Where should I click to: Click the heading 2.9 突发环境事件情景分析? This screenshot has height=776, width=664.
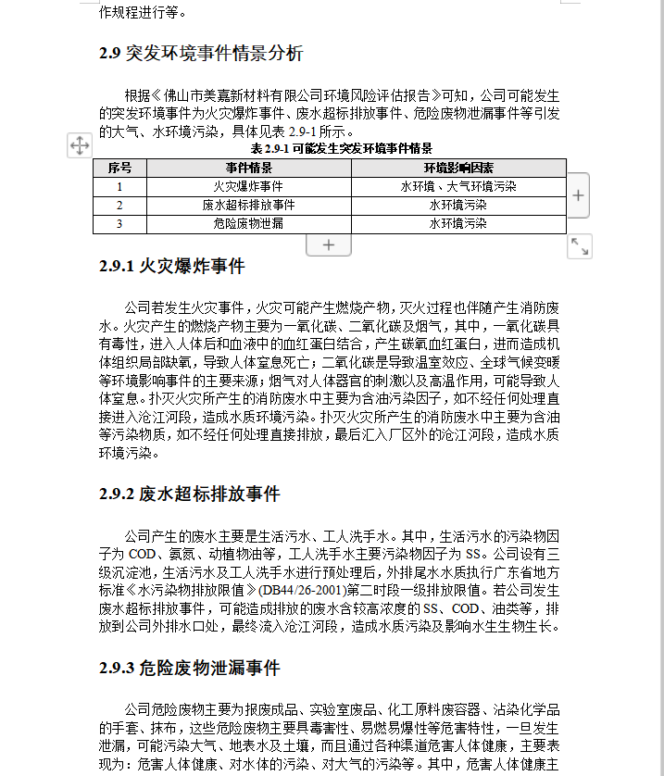pos(201,54)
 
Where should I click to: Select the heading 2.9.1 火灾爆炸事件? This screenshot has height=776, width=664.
pos(171,267)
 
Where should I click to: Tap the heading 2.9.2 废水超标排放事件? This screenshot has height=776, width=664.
pos(189,494)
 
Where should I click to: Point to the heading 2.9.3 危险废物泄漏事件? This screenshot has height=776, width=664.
pos(189,668)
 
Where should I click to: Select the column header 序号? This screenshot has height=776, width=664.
pos(119,168)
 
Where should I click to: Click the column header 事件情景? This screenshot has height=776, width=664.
pos(249,168)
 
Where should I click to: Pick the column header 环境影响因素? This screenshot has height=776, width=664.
pos(458,168)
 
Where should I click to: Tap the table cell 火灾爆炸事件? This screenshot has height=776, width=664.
pos(249,186)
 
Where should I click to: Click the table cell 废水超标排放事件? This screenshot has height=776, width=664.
pos(249,205)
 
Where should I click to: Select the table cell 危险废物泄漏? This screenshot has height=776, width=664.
pos(249,223)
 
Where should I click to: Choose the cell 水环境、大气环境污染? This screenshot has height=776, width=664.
pos(458,186)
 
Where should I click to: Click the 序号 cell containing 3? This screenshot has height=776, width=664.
pos(119,223)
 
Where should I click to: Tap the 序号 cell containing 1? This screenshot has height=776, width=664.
pos(119,186)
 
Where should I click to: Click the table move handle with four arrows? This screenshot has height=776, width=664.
pos(79,145)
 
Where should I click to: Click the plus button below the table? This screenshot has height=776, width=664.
pos(330,245)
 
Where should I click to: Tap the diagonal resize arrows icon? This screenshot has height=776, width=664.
pos(580,245)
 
